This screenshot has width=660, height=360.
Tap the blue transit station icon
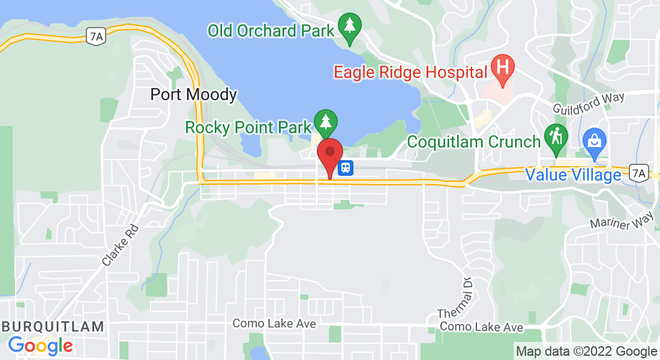click(345, 167)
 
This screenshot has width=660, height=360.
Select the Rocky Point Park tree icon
click(325, 122)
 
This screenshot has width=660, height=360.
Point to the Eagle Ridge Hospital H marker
click(503, 66)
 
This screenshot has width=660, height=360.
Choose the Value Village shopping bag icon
click(595, 142)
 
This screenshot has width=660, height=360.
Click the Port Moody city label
click(193, 95)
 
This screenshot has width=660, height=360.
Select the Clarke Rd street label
click(120, 245)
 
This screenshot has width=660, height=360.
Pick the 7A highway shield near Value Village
click(639, 174)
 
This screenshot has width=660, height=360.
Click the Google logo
click(40, 346)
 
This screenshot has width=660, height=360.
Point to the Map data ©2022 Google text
click(587, 352)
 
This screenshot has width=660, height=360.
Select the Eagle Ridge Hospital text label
click(410, 73)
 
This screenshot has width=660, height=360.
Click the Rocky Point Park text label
click(248, 127)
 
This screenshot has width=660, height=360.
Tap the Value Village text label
click(573, 175)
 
